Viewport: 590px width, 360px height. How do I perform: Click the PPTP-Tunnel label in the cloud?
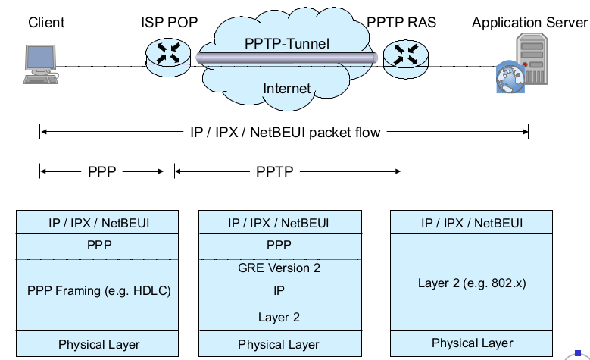(x=287, y=43)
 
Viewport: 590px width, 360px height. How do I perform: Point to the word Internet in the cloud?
(x=286, y=89)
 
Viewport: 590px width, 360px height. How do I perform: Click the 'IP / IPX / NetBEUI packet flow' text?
(x=284, y=133)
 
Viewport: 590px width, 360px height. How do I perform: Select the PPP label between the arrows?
(x=101, y=172)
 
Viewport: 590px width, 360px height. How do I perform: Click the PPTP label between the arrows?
(x=273, y=172)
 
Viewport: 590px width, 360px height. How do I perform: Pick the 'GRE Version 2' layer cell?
(x=279, y=268)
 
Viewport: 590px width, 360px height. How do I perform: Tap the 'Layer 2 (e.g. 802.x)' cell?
(x=471, y=283)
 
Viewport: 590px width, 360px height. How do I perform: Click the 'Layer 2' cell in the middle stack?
(x=279, y=318)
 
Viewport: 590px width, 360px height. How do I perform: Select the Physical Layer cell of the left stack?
(x=98, y=344)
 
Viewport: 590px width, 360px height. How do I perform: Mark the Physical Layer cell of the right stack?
(x=471, y=343)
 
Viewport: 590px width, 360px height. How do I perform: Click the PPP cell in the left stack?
(x=98, y=246)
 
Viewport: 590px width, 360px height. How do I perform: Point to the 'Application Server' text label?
(x=529, y=23)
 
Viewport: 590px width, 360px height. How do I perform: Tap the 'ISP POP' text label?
(x=169, y=23)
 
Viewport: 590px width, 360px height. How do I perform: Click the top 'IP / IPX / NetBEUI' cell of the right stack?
(x=471, y=223)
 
